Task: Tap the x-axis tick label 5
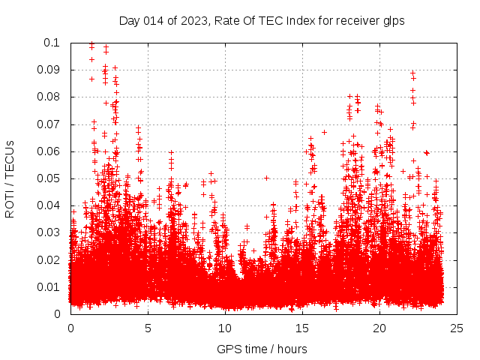coord(148,328)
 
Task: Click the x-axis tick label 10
coord(225,328)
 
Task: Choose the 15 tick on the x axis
coord(302,328)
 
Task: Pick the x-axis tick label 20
coord(379,328)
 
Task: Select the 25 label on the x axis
coord(457,328)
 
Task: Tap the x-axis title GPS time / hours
coord(262,349)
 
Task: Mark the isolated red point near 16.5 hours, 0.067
coord(325,132)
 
